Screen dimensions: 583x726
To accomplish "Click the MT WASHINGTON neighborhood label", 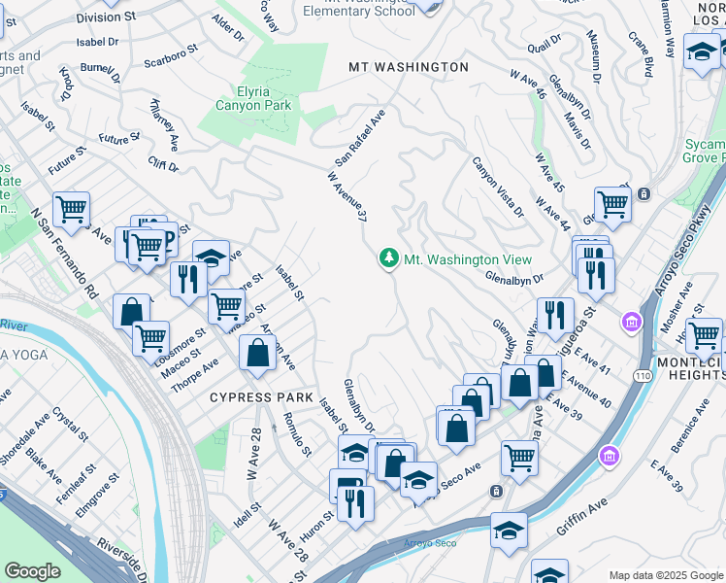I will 409,67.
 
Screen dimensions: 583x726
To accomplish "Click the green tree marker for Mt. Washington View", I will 389,258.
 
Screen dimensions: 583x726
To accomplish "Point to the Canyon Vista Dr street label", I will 498,187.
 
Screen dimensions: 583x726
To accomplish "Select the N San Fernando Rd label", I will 66,253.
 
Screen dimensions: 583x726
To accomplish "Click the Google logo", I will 33,571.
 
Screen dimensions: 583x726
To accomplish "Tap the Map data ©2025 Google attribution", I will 666,575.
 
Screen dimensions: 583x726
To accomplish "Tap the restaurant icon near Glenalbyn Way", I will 555,313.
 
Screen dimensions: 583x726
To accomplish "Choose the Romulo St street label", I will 296,433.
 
